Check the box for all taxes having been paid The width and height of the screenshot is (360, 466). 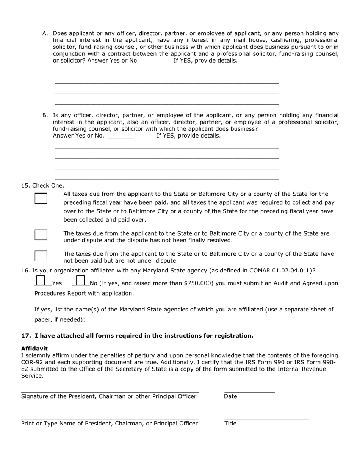(x=41, y=198)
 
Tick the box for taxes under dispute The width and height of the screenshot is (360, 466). (x=41, y=235)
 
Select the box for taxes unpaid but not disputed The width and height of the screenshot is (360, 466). (x=41, y=256)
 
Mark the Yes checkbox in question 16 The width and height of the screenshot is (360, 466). (x=41, y=280)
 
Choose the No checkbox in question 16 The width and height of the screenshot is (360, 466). (x=80, y=280)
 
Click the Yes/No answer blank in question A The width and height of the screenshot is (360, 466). (x=152, y=61)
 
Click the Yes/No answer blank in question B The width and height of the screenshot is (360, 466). (x=121, y=136)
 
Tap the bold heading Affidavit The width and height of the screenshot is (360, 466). (x=34, y=349)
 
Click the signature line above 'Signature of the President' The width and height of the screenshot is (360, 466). (x=110, y=390)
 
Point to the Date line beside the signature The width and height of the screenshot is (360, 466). (x=249, y=390)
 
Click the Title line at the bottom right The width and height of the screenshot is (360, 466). (x=266, y=418)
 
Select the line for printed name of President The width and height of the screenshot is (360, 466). (x=110, y=418)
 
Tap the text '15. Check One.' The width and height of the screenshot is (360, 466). (x=43, y=186)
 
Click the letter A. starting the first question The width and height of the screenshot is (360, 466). (x=45, y=33)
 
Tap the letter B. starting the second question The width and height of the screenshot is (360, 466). (x=45, y=115)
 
